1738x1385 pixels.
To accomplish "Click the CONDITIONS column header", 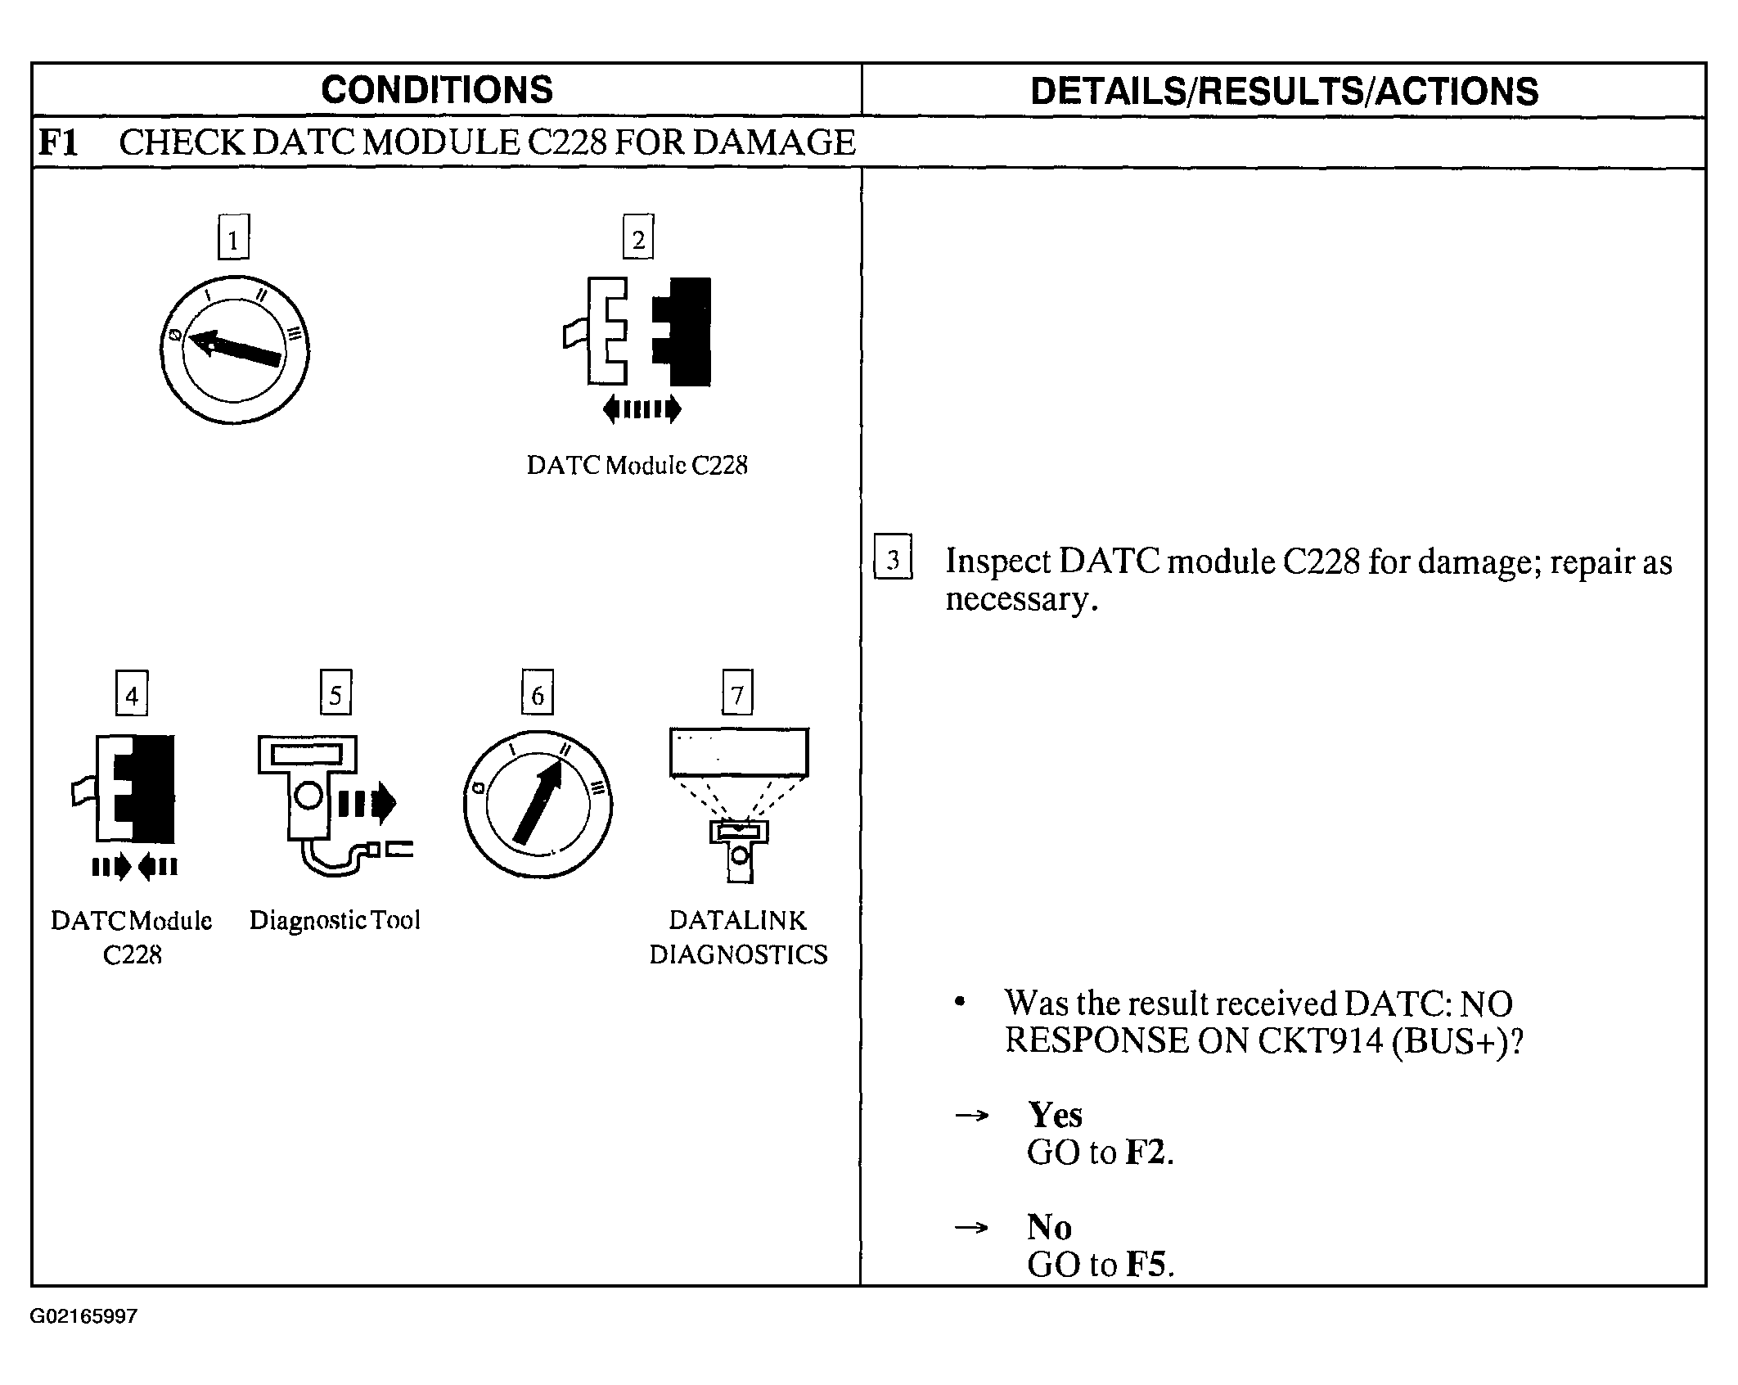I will (x=437, y=90).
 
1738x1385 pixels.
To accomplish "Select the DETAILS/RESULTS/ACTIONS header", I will (x=1284, y=92).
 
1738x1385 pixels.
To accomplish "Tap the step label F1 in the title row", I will (x=58, y=143).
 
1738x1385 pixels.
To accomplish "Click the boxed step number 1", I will (x=233, y=238).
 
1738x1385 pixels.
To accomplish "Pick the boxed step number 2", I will (x=638, y=238).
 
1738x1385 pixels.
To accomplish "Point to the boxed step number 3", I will (x=893, y=558).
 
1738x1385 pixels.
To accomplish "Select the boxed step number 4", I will (x=132, y=694).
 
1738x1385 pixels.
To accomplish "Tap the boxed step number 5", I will (x=335, y=693).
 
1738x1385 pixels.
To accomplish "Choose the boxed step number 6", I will (x=538, y=693).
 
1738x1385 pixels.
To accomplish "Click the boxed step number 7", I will (x=737, y=693).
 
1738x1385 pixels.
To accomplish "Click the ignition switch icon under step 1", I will (x=235, y=350).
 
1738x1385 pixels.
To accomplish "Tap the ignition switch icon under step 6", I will (x=538, y=804).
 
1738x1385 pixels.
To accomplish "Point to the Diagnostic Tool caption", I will (x=335, y=920).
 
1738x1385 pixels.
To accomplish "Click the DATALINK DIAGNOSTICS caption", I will (x=738, y=937).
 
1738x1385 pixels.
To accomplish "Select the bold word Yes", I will (x=1056, y=1116).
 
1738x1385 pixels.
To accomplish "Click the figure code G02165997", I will (x=83, y=1317).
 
